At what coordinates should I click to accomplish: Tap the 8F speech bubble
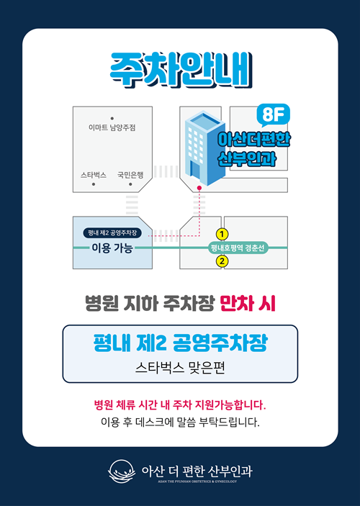[273, 115]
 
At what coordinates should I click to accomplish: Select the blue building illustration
[204, 148]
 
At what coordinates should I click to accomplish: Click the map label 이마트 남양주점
[112, 128]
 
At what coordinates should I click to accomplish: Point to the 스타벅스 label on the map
[94, 175]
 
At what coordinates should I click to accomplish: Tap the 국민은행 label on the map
[130, 175]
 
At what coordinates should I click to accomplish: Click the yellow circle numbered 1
[222, 234]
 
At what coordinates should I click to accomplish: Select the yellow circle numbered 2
[222, 261]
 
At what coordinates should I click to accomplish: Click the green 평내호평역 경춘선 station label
[238, 248]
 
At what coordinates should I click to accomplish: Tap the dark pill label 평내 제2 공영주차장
[112, 232]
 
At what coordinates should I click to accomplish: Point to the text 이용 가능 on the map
[112, 248]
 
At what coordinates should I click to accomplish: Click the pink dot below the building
[199, 188]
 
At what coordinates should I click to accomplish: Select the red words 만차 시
[248, 304]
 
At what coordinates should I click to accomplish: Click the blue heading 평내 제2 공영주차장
[181, 343]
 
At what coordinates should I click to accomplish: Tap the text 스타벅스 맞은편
[180, 368]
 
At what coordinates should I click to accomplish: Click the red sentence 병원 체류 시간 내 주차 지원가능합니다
[180, 405]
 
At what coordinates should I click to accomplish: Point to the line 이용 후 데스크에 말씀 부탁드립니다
[180, 422]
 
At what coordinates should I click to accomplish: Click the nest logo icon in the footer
[122, 471]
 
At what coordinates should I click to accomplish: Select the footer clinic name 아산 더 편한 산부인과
[197, 471]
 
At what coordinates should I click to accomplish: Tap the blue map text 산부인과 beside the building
[247, 159]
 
